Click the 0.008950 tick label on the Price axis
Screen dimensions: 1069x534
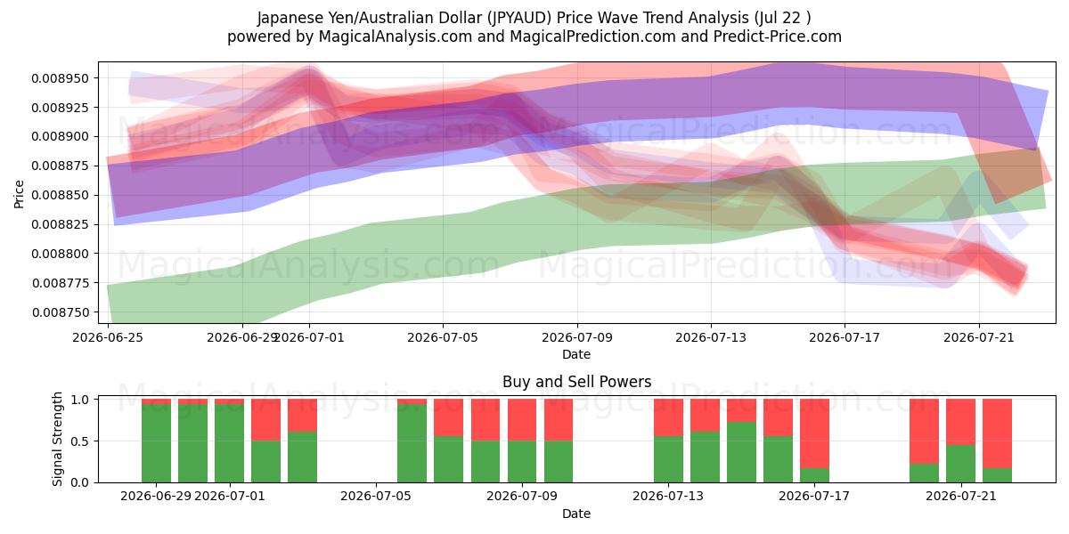click(x=61, y=78)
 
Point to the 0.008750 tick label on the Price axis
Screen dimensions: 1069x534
click(x=61, y=312)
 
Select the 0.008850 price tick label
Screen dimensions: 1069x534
click(x=61, y=195)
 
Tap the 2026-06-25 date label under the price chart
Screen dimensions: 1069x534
click(x=108, y=337)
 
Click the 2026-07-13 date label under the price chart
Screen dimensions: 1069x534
click(x=711, y=337)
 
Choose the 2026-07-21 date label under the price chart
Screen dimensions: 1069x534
click(x=979, y=337)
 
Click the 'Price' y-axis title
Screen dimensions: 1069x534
click(x=19, y=194)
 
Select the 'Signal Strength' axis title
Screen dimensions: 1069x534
click(x=57, y=439)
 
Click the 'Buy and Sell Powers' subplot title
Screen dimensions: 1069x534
click(x=576, y=382)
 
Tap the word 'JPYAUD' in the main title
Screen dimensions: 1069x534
click(x=519, y=18)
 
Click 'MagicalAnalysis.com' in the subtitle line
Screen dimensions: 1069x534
click(x=396, y=36)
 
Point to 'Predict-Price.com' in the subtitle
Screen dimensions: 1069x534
click(x=778, y=36)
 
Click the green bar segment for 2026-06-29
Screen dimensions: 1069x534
click(x=156, y=443)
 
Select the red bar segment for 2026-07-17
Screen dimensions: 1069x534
click(x=814, y=433)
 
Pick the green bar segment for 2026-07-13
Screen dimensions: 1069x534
click(x=668, y=459)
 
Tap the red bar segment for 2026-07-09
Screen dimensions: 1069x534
click(x=559, y=419)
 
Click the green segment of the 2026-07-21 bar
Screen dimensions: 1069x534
click(x=960, y=464)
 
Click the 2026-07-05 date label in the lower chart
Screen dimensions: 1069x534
click(x=376, y=497)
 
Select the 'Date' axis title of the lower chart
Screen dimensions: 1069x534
click(x=576, y=514)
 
